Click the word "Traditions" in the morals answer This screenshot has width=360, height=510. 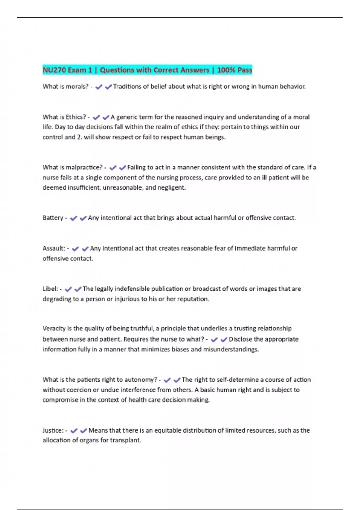click(127, 86)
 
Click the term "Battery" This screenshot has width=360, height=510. click(53, 218)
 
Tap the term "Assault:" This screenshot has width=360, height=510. click(54, 248)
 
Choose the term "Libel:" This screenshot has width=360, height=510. click(50, 289)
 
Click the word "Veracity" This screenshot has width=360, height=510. click(54, 328)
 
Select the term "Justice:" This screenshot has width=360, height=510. click(53, 430)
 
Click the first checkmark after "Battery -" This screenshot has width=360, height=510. click(73, 218)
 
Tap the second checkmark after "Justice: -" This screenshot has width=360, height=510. click(83, 431)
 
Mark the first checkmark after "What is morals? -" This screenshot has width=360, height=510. click(99, 87)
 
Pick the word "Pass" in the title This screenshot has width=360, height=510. click(245, 70)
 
